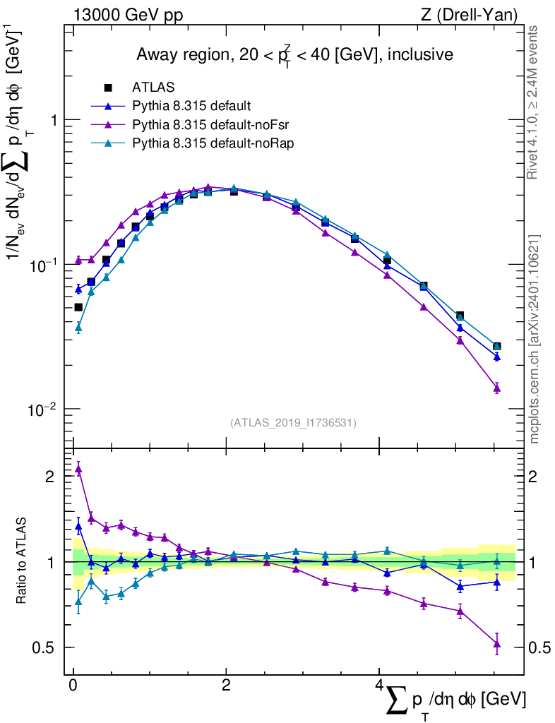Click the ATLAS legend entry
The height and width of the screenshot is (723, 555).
pyautogui.click(x=153, y=88)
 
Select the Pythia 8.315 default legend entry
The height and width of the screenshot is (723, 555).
pyautogui.click(x=191, y=107)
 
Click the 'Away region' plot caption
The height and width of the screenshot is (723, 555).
pyautogui.click(x=294, y=54)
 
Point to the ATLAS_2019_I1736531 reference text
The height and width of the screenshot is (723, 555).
pyautogui.click(x=293, y=423)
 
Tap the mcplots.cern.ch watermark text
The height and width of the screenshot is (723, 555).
pyautogui.click(x=535, y=339)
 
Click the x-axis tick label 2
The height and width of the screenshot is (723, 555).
pyautogui.click(x=226, y=686)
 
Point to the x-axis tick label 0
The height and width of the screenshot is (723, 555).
pyautogui.click(x=73, y=686)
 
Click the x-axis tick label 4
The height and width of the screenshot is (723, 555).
pyautogui.click(x=378, y=686)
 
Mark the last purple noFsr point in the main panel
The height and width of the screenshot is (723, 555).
pyautogui.click(x=497, y=388)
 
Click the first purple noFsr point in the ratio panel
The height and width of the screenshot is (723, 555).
pyautogui.click(x=78, y=469)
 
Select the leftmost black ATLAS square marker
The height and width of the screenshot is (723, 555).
pyautogui.click(x=78, y=307)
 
